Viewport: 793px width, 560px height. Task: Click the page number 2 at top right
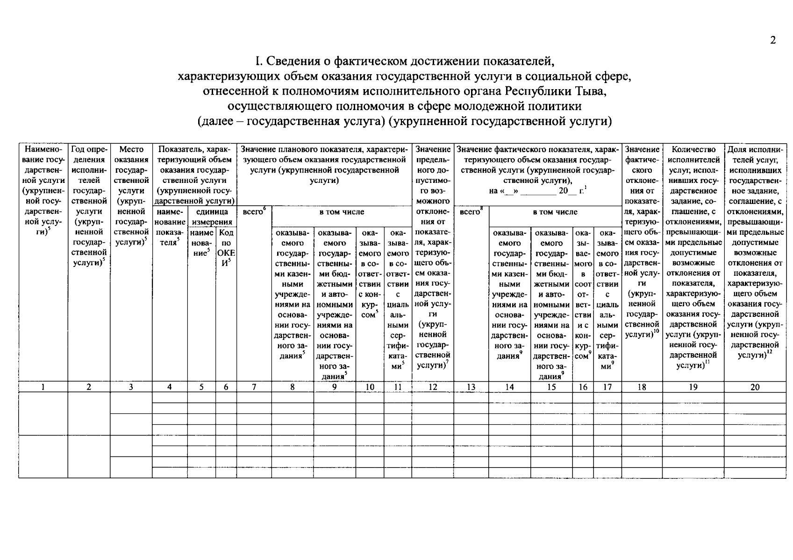point(773,41)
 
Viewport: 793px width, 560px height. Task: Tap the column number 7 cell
point(254,386)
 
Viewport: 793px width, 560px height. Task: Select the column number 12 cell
point(432,386)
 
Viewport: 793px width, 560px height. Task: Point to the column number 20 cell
point(755,386)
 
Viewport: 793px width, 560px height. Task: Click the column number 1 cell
point(43,386)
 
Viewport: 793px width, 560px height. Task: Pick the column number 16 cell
point(583,386)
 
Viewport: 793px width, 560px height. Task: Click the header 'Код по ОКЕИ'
point(226,247)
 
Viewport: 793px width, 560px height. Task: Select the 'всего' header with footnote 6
point(254,212)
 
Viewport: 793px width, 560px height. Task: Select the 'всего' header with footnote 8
point(471,212)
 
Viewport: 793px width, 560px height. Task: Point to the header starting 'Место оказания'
point(131,195)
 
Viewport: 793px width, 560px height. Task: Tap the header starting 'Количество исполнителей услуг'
point(693,257)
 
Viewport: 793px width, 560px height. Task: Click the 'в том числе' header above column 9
point(341,212)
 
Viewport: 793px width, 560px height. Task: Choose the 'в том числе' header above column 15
point(555,212)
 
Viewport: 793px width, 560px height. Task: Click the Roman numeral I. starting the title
point(257,61)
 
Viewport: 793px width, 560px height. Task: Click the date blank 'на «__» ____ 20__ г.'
point(537,191)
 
